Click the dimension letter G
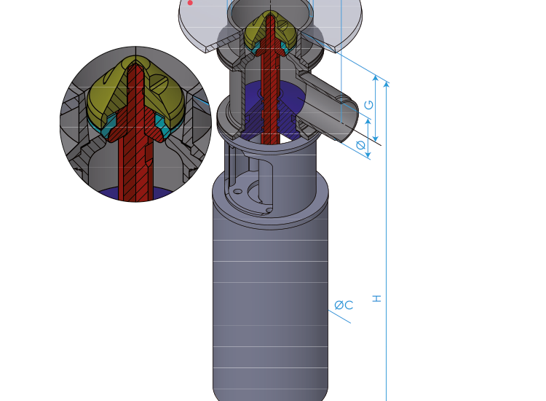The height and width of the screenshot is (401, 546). pos(368,105)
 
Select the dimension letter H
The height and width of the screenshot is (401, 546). pos(376,298)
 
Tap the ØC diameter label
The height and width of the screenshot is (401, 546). pos(344,305)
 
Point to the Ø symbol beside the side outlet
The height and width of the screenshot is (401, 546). pos(360,146)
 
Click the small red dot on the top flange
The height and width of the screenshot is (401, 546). pos(190,3)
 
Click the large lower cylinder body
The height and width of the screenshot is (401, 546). pos(269,306)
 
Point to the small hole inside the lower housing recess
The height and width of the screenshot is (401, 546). pos(237,192)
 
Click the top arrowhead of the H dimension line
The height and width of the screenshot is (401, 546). pos(386,84)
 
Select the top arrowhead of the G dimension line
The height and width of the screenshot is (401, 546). pos(376,77)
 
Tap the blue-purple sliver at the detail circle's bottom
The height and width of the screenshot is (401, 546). pos(135,195)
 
